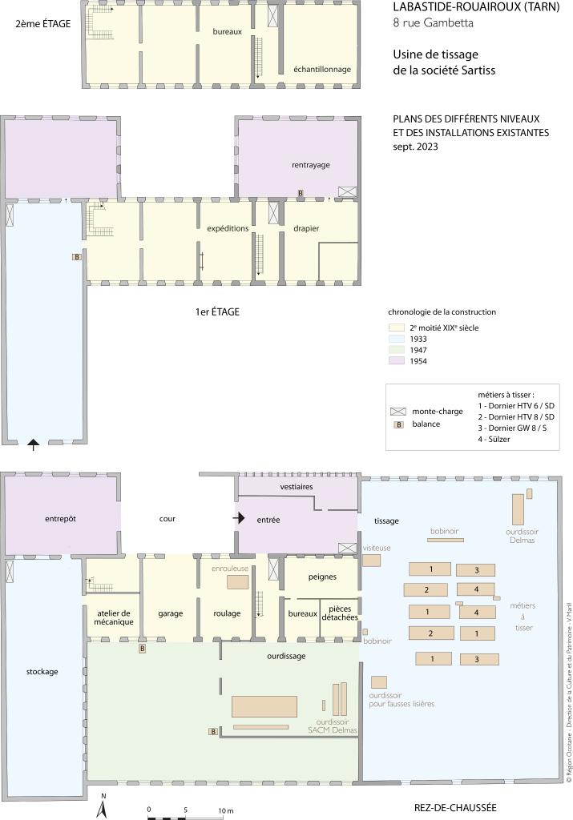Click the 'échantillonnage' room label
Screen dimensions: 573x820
pyautogui.click(x=322, y=70)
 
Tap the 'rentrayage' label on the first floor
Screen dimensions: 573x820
pyautogui.click(x=311, y=165)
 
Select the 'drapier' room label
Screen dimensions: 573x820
pyautogui.click(x=306, y=228)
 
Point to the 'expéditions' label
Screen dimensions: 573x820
pyautogui.click(x=228, y=228)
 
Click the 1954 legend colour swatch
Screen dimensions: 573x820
pyautogui.click(x=397, y=361)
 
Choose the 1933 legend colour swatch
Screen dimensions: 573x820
pyautogui.click(x=397, y=339)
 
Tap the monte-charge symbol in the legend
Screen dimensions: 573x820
pyautogui.click(x=398, y=412)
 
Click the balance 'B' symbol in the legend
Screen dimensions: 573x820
pyautogui.click(x=399, y=424)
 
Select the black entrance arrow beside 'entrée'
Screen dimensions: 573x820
pyautogui.click(x=239, y=518)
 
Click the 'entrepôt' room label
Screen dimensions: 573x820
pyautogui.click(x=60, y=519)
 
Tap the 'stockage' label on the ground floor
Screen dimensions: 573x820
pyautogui.click(x=42, y=672)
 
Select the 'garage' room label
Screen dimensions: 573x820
pyautogui.click(x=171, y=613)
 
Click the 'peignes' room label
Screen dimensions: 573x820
pyautogui.click(x=322, y=577)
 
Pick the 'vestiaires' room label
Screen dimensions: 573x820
pyautogui.click(x=297, y=486)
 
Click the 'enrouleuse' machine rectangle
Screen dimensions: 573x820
pyautogui.click(x=237, y=582)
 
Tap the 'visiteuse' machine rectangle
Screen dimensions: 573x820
pyautogui.click(x=372, y=561)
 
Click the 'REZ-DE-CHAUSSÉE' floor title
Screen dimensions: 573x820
pyautogui.click(x=455, y=807)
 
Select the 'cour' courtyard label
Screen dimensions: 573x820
pyautogui.click(x=167, y=519)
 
